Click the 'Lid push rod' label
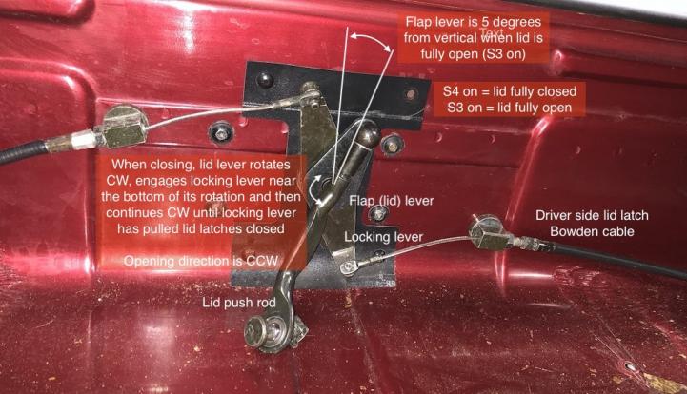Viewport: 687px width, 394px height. click(x=239, y=302)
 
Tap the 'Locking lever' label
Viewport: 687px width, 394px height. click(x=383, y=237)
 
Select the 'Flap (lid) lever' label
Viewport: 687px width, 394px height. click(x=392, y=201)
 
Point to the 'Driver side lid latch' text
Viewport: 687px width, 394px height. click(x=592, y=215)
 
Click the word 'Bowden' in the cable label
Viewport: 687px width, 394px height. click(x=573, y=231)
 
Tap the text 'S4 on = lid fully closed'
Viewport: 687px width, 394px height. click(x=510, y=91)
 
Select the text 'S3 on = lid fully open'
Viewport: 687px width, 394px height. click(x=510, y=108)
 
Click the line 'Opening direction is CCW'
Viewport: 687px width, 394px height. click(x=201, y=261)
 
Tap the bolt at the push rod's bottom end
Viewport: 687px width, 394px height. click(x=256, y=334)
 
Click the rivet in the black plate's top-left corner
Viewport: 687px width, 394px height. click(x=264, y=79)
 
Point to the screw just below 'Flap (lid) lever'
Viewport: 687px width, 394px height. click(x=377, y=214)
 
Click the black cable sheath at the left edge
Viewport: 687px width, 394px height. click(x=23, y=151)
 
